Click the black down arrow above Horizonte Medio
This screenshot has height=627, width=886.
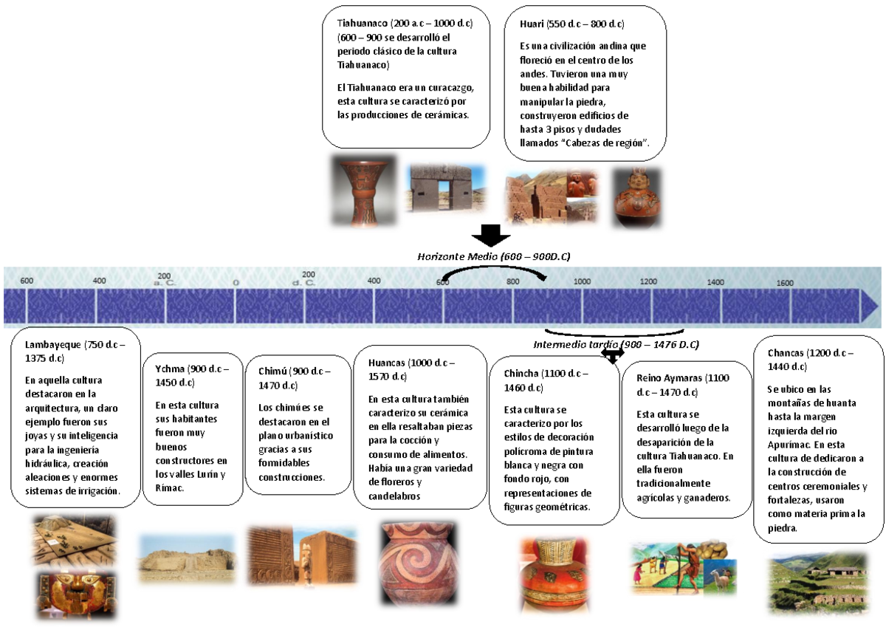[x=490, y=236]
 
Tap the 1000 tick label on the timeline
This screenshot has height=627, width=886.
[x=582, y=281]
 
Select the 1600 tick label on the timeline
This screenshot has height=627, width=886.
[x=785, y=283]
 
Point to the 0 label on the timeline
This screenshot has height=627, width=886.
[x=236, y=282]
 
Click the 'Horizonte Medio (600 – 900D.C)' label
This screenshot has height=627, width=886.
[x=493, y=256]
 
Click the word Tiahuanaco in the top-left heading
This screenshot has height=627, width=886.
[x=362, y=24]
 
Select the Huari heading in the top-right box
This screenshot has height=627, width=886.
[x=532, y=24]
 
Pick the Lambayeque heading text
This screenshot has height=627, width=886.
[x=53, y=345]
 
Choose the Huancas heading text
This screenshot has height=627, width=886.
[x=388, y=363]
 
